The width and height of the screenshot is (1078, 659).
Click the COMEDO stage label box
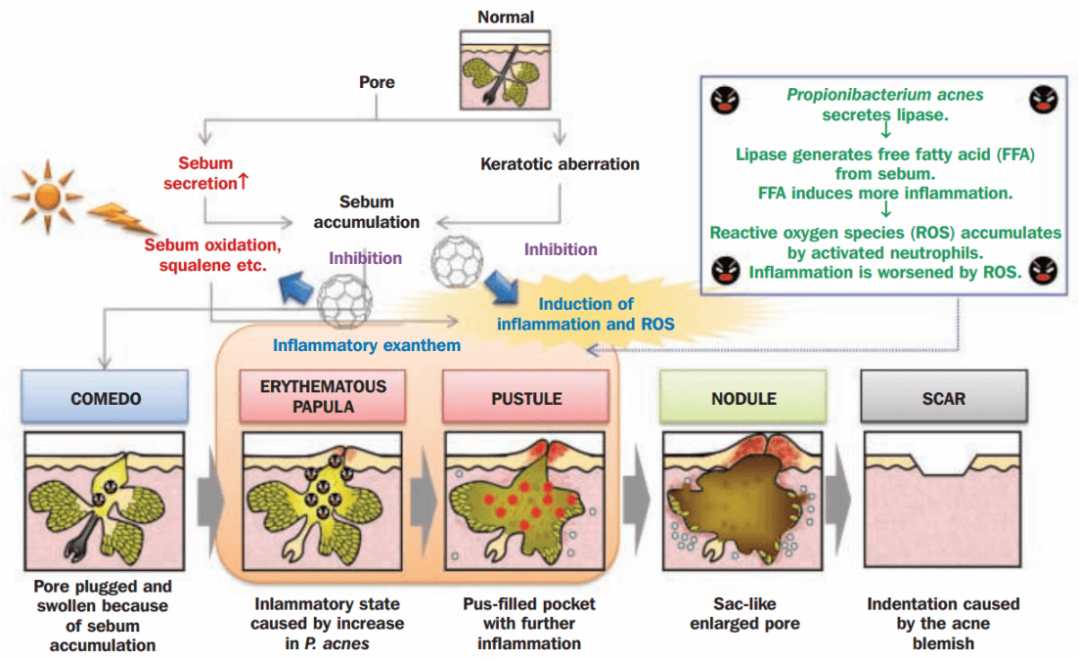[106, 399]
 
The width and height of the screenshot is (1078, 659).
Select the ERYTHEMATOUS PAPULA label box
[323, 396]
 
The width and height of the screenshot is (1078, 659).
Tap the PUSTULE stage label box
[525, 399]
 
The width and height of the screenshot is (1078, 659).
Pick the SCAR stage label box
[943, 399]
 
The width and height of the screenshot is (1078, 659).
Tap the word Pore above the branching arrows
[377, 82]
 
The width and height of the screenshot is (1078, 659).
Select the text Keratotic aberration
[560, 164]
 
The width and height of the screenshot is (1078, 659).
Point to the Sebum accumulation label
[367, 211]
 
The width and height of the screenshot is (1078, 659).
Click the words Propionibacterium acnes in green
[884, 95]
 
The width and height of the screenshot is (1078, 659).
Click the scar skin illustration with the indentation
[943, 500]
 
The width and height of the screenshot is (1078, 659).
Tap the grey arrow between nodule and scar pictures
[840, 502]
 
